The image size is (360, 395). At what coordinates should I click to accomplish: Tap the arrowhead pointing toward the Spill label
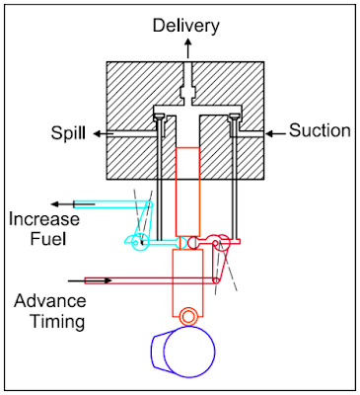[x=103, y=132]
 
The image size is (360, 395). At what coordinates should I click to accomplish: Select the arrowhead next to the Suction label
[x=269, y=132]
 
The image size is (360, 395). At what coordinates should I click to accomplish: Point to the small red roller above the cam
[x=186, y=315]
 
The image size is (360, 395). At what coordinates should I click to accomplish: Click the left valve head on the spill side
[x=157, y=122]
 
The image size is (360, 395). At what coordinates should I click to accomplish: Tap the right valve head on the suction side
[x=234, y=122]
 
